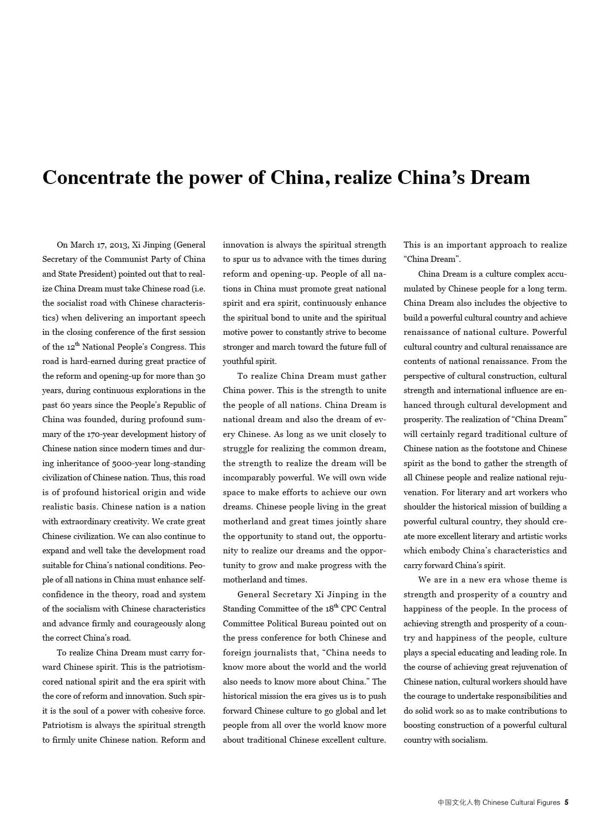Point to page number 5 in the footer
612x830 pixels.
pyautogui.click(x=567, y=802)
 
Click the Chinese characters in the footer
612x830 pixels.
pyautogui.click(x=459, y=802)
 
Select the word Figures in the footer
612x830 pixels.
pyautogui.click(x=548, y=802)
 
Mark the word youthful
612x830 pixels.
pyautogui.click(x=238, y=361)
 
